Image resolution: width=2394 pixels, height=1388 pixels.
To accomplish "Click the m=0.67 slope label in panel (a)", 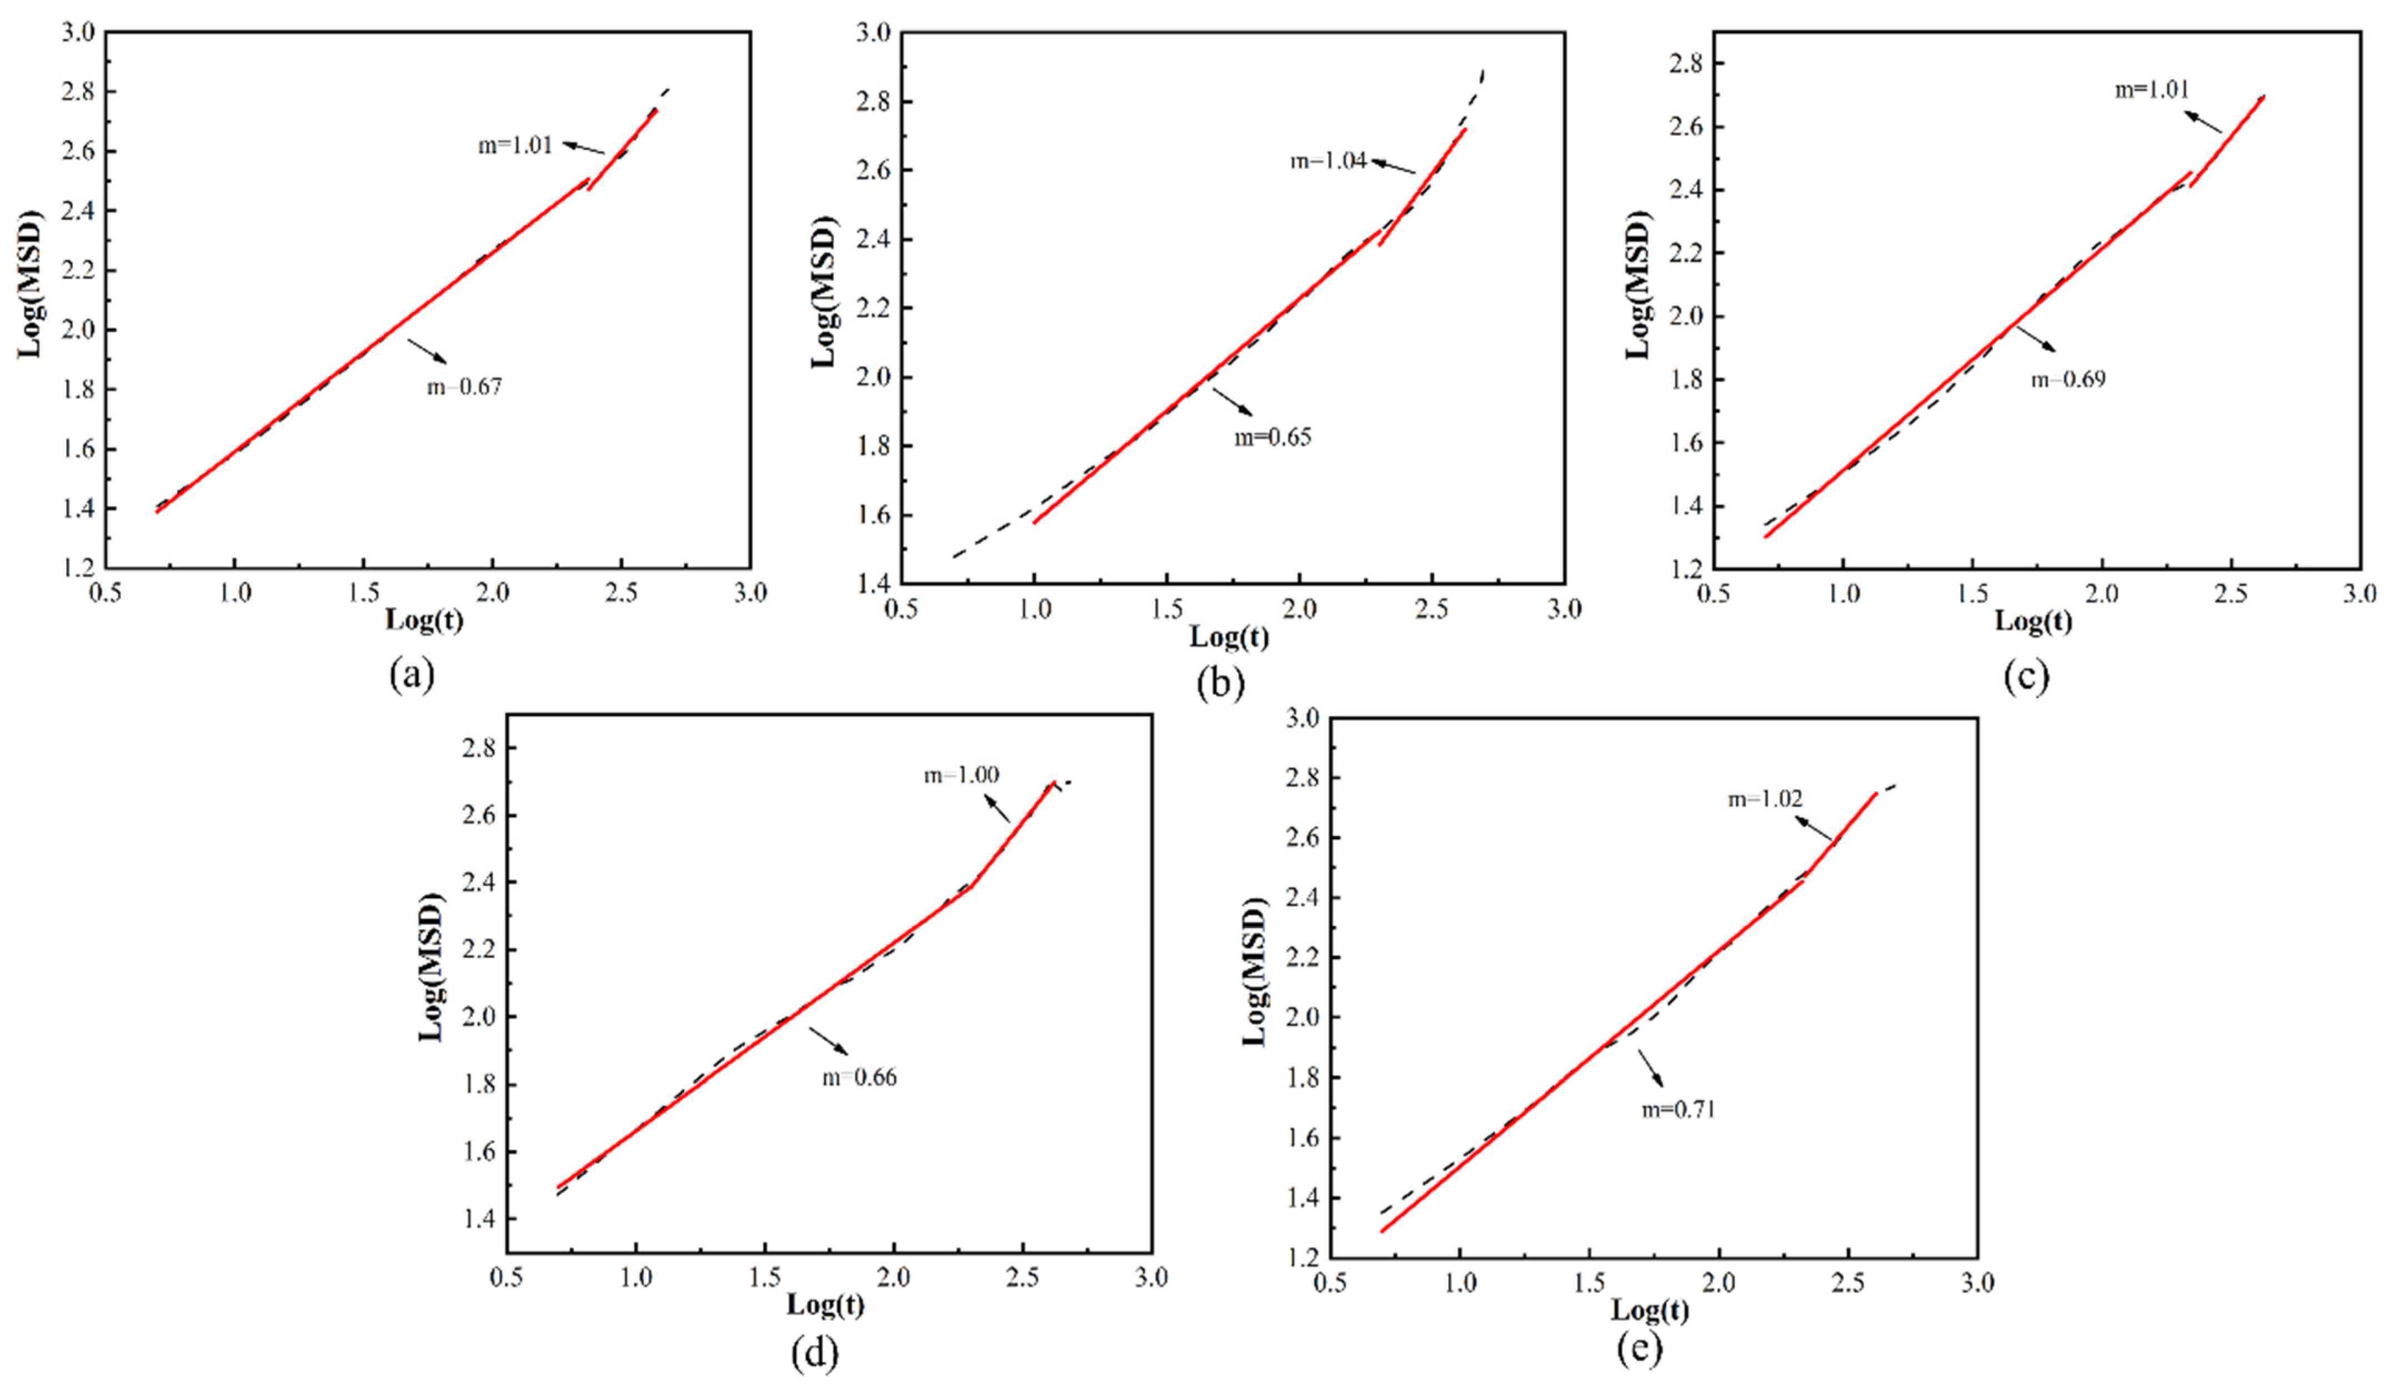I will pos(464,387).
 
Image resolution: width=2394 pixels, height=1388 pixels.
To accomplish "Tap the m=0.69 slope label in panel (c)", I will pos(2068,379).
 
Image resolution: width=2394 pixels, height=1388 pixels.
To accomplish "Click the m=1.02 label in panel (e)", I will pos(1765,799).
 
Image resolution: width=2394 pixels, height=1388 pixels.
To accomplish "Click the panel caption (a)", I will pos(412,675).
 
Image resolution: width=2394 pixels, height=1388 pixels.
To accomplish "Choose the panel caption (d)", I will pos(814,1354).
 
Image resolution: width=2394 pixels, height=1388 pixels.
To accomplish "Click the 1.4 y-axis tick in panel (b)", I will pos(874,583).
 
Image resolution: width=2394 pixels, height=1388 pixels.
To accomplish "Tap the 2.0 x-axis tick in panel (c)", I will pos(2101,595).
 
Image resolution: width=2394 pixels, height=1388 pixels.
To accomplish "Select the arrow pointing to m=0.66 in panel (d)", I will pos(828,1040).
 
